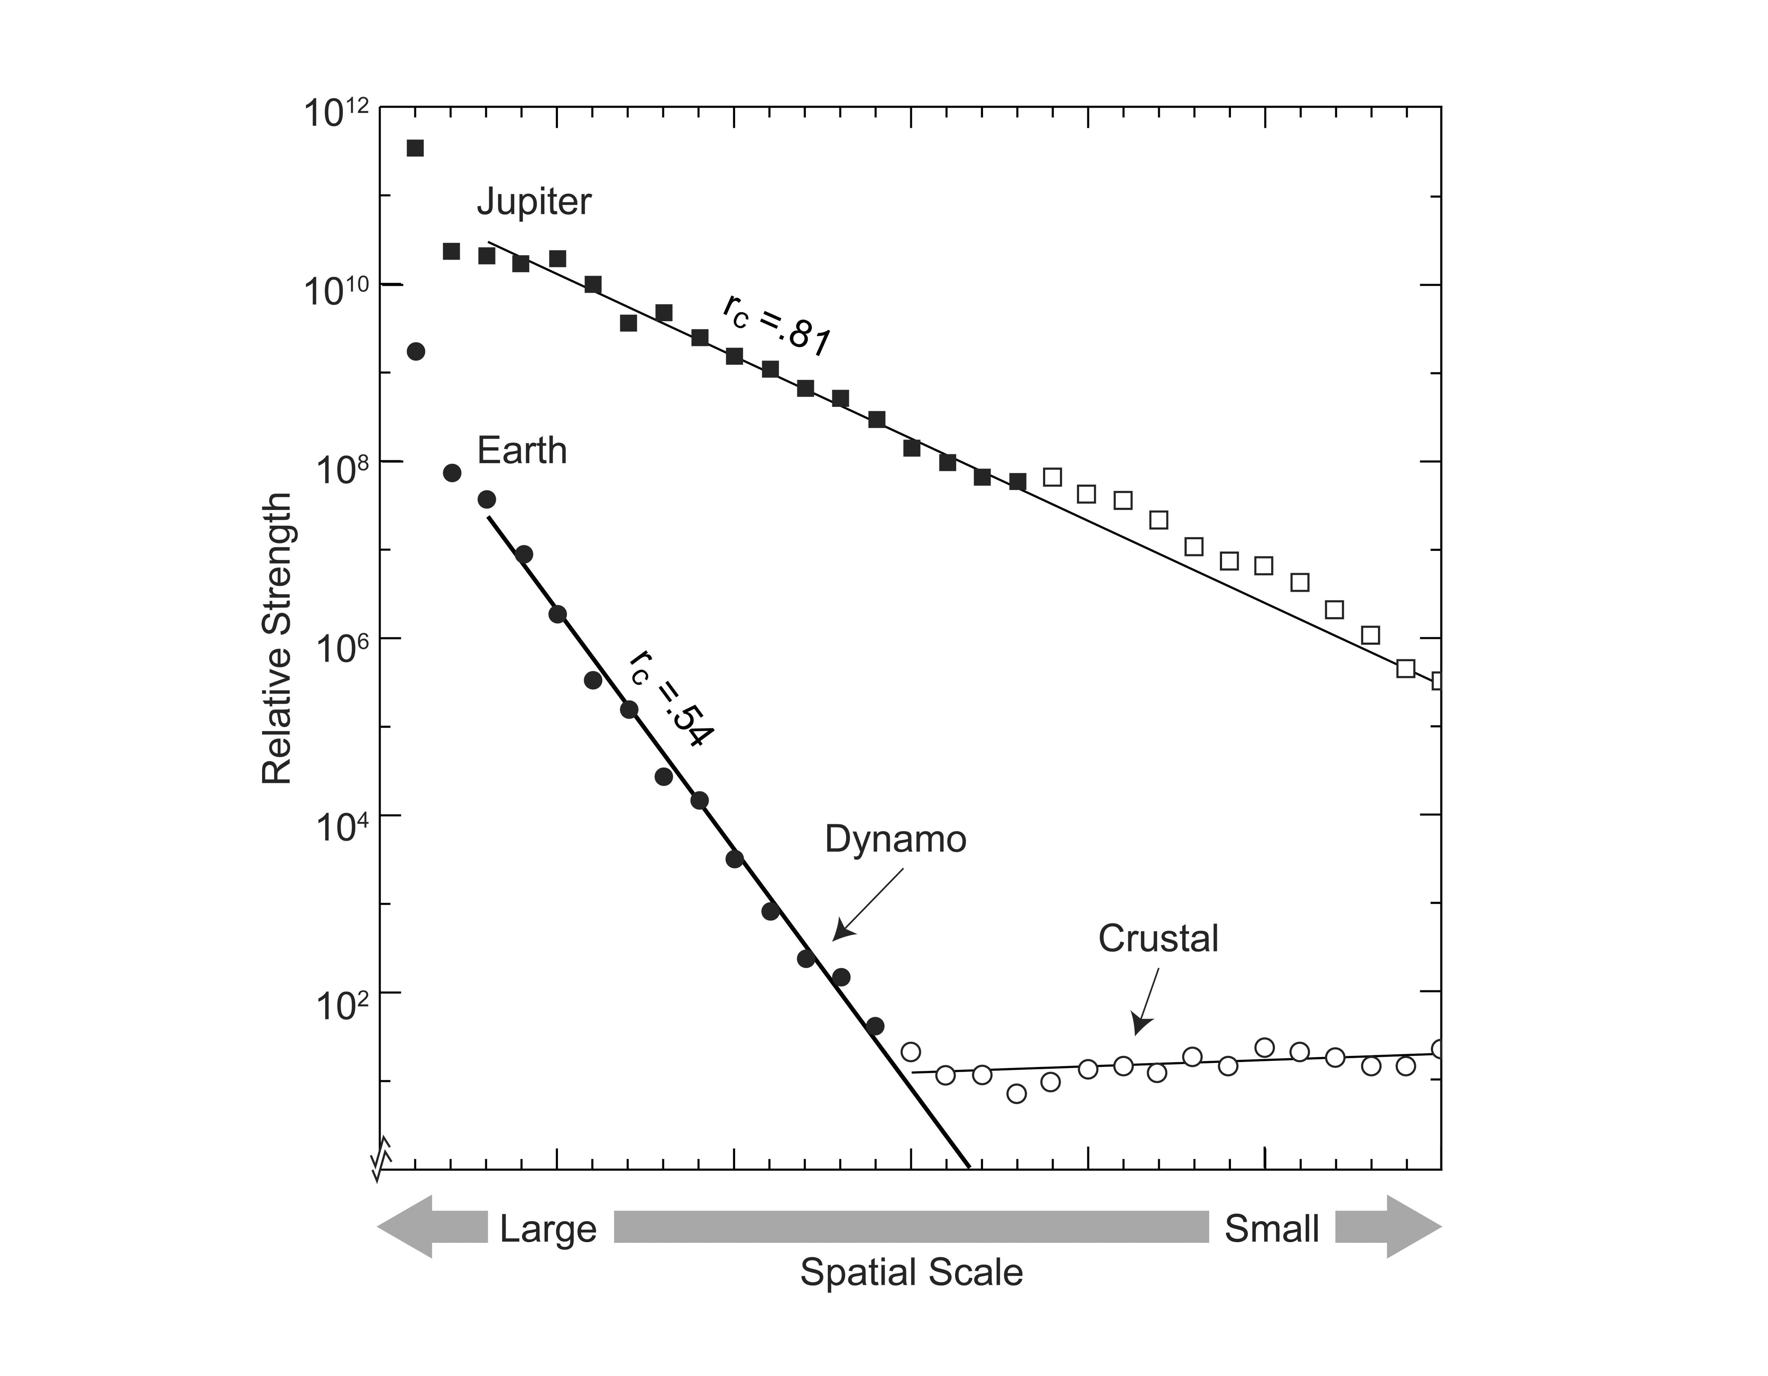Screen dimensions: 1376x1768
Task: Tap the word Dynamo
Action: (895, 840)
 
